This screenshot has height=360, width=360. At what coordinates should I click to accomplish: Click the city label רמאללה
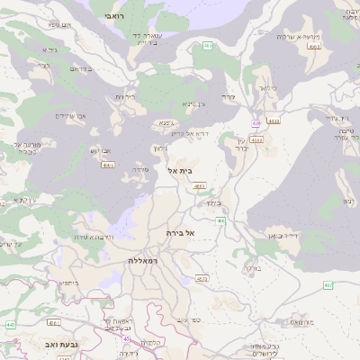[143, 260]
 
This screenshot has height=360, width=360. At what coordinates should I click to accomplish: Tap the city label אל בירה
[180, 232]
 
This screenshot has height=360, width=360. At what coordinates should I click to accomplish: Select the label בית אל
[180, 169]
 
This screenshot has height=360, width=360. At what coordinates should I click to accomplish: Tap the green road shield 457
[328, 285]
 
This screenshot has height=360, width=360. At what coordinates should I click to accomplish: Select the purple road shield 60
[256, 122]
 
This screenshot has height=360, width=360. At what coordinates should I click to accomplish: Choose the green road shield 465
[208, 45]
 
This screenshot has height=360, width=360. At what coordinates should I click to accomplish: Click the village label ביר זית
[125, 96]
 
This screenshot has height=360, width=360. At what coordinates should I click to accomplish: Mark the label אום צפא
[60, 24]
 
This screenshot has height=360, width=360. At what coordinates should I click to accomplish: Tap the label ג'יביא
[49, 49]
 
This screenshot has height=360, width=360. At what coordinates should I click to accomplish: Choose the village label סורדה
[140, 169]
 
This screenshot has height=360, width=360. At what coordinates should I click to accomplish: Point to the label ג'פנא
[166, 121]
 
